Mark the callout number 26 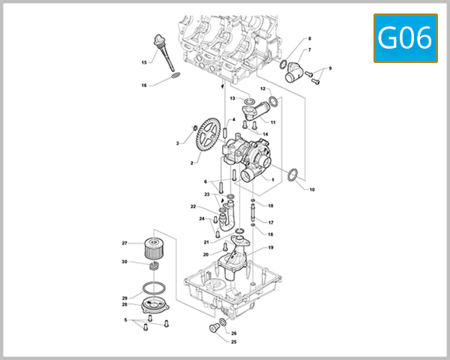[x=234, y=333]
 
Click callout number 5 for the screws [x=125, y=320]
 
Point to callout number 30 [x=124, y=262]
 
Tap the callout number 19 [x=271, y=247]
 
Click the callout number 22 [x=193, y=206]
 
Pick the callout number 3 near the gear [x=178, y=142]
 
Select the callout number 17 [x=271, y=223]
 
